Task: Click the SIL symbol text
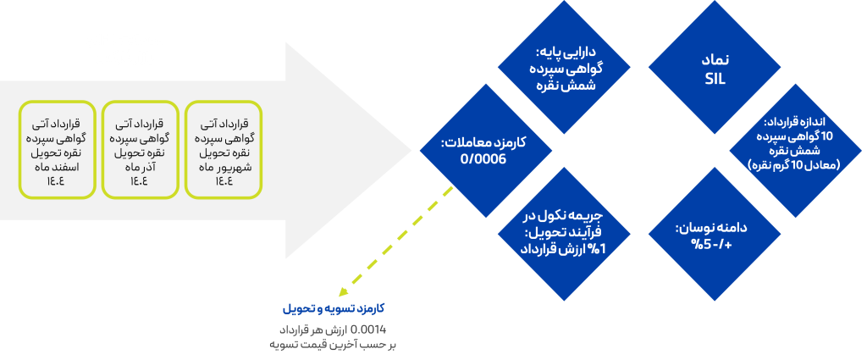click(715, 79)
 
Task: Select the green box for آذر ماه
click(139, 149)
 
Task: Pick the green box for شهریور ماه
click(224, 149)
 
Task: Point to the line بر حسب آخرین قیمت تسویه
click(334, 345)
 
